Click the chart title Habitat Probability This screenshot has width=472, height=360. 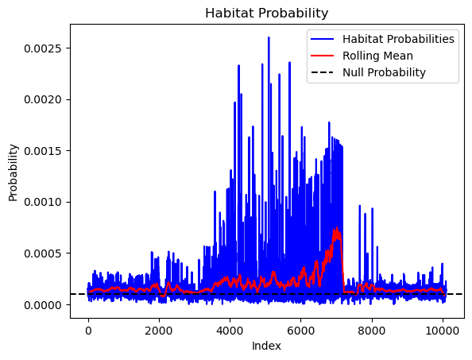(x=266, y=14)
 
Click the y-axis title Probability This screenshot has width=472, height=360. (x=13, y=172)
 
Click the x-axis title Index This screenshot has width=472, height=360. (x=266, y=346)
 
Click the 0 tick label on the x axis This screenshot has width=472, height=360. (x=88, y=331)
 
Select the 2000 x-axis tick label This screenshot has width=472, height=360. (x=159, y=331)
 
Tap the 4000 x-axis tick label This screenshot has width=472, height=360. (x=230, y=331)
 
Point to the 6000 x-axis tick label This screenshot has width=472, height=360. (x=301, y=331)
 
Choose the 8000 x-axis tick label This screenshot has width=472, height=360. (x=372, y=331)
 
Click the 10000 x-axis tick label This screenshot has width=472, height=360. (x=443, y=331)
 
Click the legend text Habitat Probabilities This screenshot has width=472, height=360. (x=398, y=39)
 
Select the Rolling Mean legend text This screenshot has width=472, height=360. (x=377, y=56)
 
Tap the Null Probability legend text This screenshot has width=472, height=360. (x=384, y=72)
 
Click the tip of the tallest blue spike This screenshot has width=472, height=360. (x=269, y=37)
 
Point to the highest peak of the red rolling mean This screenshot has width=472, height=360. (x=337, y=228)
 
